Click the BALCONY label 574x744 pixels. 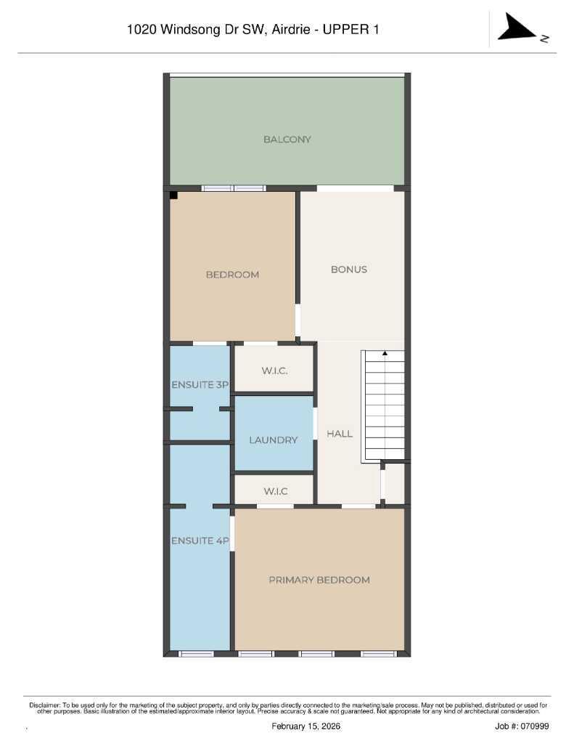(287, 139)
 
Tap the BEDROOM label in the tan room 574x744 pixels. (232, 275)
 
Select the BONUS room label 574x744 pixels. (349, 269)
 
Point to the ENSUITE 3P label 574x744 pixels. (200, 384)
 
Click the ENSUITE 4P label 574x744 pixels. (200, 541)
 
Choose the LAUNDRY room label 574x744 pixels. (274, 440)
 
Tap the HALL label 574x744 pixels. (340, 434)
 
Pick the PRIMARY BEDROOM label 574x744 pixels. (319, 580)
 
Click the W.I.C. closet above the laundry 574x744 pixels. (274, 371)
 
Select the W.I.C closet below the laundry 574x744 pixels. (275, 491)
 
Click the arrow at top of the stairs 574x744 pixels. (385, 354)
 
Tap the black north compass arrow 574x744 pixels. (517, 30)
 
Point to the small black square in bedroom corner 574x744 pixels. (174, 195)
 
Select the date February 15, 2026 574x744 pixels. (306, 726)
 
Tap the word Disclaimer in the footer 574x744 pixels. (45, 705)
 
